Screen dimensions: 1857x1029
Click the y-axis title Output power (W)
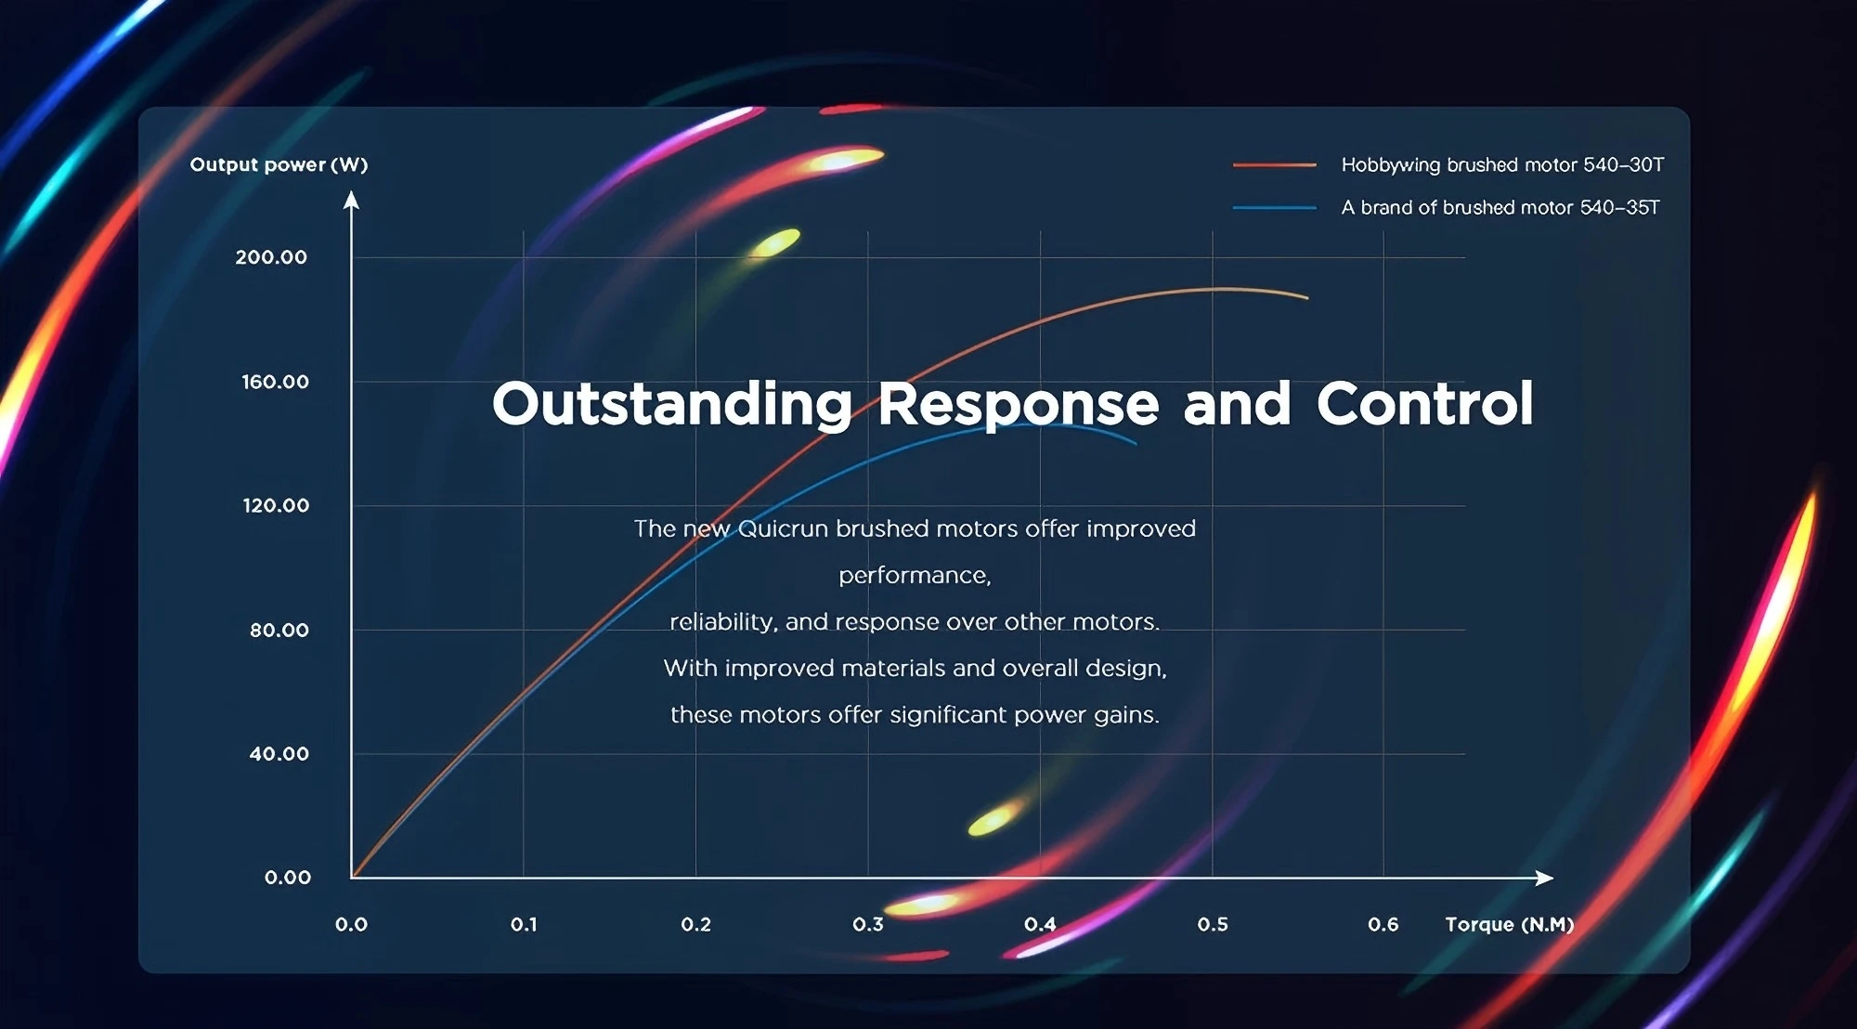click(x=279, y=165)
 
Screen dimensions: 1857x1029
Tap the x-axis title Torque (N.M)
click(x=1510, y=925)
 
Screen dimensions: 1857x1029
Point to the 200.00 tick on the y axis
click(x=271, y=257)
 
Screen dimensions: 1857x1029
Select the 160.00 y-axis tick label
click(x=275, y=382)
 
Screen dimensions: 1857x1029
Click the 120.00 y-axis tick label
click(x=276, y=505)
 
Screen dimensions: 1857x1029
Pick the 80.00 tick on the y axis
click(x=279, y=630)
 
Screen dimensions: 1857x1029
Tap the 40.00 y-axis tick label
click(x=279, y=754)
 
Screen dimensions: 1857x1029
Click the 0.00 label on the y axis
click(x=288, y=878)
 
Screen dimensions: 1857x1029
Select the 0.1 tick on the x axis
click(x=524, y=925)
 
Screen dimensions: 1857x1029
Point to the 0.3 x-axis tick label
click(x=868, y=925)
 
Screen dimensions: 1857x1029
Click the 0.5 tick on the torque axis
click(x=1213, y=925)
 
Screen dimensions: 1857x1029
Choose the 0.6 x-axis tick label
click(x=1383, y=925)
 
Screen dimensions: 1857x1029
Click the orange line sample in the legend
click(x=1275, y=165)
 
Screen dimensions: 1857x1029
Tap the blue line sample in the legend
click(x=1275, y=208)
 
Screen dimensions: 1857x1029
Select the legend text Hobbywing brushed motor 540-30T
click(x=1502, y=165)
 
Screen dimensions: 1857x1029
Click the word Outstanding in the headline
click(x=672, y=405)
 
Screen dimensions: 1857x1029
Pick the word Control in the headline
click(x=1425, y=404)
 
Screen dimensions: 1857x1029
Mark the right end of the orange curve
click(x=1307, y=298)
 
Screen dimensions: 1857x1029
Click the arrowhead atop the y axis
click(x=351, y=200)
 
